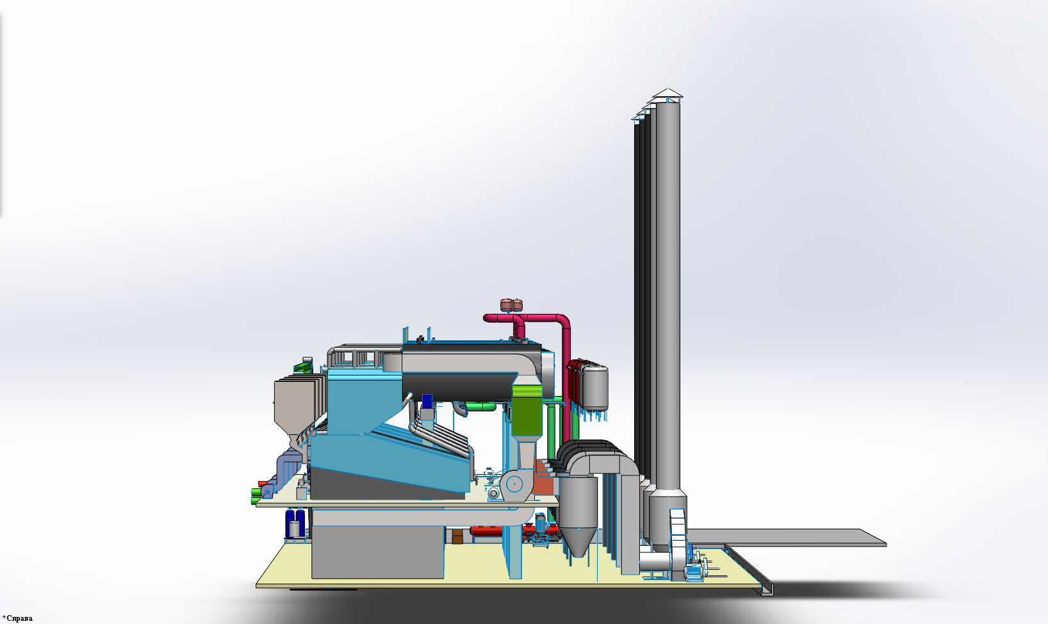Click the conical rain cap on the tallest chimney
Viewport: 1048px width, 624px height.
tap(667, 94)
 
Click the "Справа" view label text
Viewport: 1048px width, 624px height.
tap(19, 618)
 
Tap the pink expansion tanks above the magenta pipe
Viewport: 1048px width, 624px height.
tap(511, 305)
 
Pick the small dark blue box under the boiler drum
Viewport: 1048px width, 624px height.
tap(427, 401)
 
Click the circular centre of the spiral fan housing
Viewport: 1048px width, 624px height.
tap(514, 484)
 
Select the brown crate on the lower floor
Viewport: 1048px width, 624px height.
tap(457, 536)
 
